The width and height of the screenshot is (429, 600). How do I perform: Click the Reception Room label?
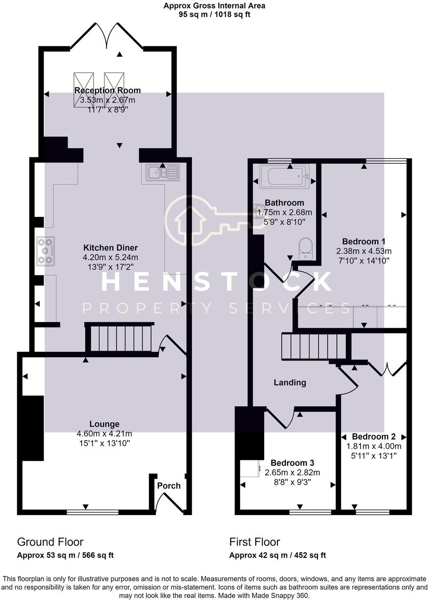pyautogui.click(x=107, y=90)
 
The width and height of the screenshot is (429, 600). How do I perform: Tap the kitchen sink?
pyautogui.click(x=163, y=172)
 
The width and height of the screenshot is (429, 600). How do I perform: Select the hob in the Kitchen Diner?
pyautogui.click(x=45, y=251)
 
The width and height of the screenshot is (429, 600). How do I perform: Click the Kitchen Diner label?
pyautogui.click(x=110, y=248)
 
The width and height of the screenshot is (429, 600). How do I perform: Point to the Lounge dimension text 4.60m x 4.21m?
pyautogui.click(x=104, y=433)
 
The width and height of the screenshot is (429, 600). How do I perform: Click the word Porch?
pyautogui.click(x=169, y=486)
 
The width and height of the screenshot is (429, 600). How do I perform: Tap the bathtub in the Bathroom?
pyautogui.click(x=284, y=176)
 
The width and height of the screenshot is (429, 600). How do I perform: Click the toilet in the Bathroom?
pyautogui.click(x=306, y=249)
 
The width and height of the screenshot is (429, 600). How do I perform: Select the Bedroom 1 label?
pyautogui.click(x=363, y=241)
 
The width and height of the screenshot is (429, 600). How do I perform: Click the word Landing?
pyautogui.click(x=290, y=382)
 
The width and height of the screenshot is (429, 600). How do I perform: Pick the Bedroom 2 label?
pyautogui.click(x=374, y=436)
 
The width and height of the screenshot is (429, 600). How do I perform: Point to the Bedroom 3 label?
pyautogui.click(x=292, y=462)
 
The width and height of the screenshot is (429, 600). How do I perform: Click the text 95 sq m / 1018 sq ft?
pyautogui.click(x=214, y=15)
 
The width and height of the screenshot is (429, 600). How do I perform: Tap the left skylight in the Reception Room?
pyautogui.click(x=83, y=90)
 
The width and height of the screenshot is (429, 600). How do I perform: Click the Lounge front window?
pyautogui.click(x=92, y=512)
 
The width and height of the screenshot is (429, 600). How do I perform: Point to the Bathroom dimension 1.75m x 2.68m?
pyautogui.click(x=284, y=213)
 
